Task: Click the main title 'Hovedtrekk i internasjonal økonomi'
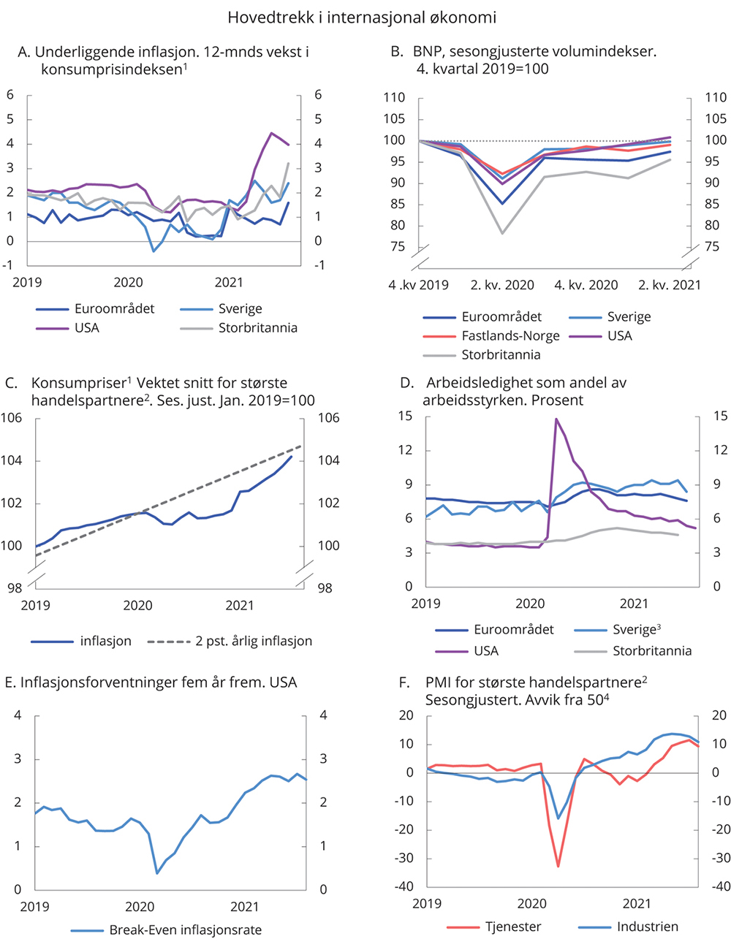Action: (362, 17)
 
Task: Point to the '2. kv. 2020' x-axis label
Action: (502, 286)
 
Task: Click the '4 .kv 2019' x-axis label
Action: (419, 286)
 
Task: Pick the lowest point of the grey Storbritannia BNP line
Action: (502, 233)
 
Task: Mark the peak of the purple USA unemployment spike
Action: (556, 419)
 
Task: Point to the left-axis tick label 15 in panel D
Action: (406, 417)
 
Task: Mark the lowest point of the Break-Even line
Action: (157, 872)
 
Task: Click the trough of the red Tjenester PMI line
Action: (558, 867)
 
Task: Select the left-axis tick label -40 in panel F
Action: (405, 886)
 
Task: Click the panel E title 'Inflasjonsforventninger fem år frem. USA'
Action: (151, 682)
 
